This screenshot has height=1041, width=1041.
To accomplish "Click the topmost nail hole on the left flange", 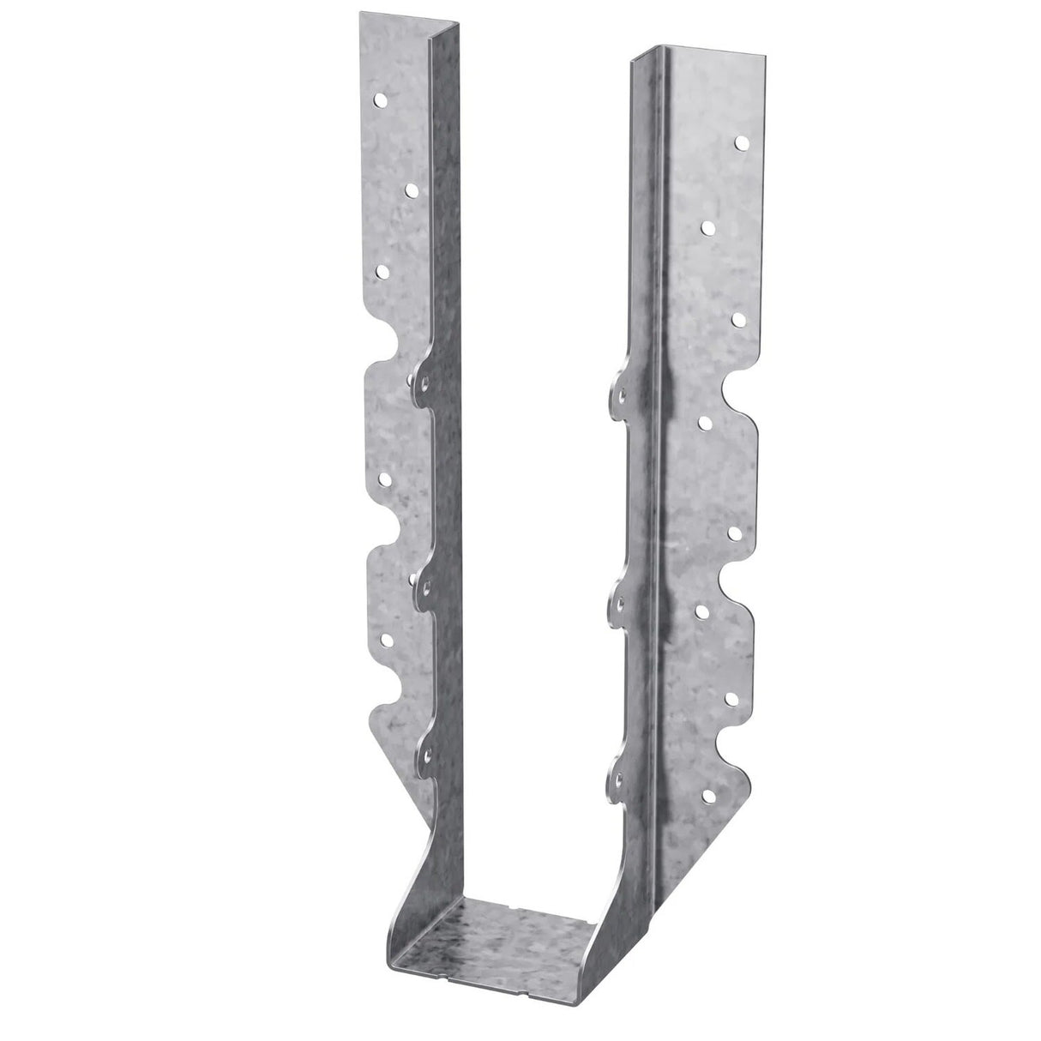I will (x=379, y=100).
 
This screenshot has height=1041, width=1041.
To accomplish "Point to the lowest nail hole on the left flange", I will (x=382, y=640).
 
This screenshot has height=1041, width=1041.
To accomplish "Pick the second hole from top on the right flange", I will (x=708, y=227).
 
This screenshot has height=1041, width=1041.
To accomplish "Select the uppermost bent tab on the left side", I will (x=421, y=376).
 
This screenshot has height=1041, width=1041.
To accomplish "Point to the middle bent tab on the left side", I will (x=421, y=583).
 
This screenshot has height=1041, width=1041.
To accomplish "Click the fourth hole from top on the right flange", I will (x=705, y=422).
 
